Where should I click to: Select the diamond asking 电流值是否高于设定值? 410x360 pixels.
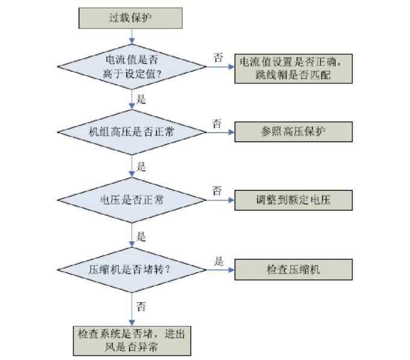click(x=132, y=67)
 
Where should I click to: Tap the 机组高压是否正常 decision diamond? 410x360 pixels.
click(x=132, y=132)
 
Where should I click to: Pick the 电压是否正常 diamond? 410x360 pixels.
click(x=132, y=200)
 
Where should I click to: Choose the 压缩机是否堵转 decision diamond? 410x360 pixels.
click(x=132, y=269)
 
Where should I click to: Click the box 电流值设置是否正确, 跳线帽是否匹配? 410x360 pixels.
click(x=293, y=69)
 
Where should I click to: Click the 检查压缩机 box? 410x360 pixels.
click(x=294, y=269)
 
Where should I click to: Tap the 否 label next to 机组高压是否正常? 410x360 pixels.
click(x=217, y=123)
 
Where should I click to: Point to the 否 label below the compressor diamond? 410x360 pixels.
click(x=141, y=305)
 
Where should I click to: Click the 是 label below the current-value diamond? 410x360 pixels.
click(x=141, y=99)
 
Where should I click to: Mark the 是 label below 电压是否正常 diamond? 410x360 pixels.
click(x=141, y=236)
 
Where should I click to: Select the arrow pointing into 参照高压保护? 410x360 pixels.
click(x=220, y=132)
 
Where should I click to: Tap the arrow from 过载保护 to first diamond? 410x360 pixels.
click(x=132, y=36)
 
